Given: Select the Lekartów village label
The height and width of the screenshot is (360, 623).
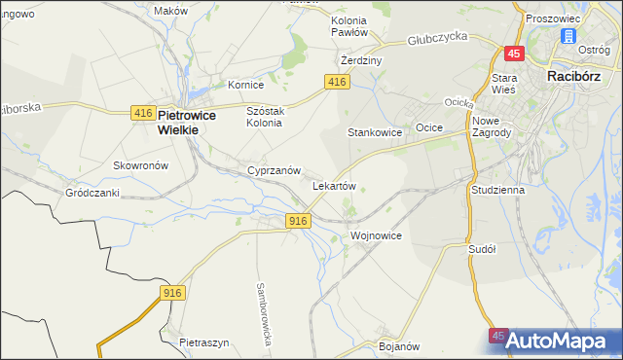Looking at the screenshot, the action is pos(333,185).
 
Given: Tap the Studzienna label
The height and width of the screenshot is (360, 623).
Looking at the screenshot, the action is pos(497,190).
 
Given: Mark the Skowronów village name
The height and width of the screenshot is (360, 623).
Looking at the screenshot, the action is pos(141,165).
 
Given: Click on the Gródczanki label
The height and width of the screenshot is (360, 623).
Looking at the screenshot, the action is pos(92,193).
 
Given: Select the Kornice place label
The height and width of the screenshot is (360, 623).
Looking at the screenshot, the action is pos(245,85).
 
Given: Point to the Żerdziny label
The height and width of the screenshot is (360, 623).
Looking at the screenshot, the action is pos(361,60).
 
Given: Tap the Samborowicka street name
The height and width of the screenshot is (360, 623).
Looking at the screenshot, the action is pos(262,310).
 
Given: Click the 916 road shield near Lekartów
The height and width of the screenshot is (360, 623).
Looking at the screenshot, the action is pos(299,222).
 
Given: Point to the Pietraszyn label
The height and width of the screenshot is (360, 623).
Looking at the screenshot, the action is pos(204,342).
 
